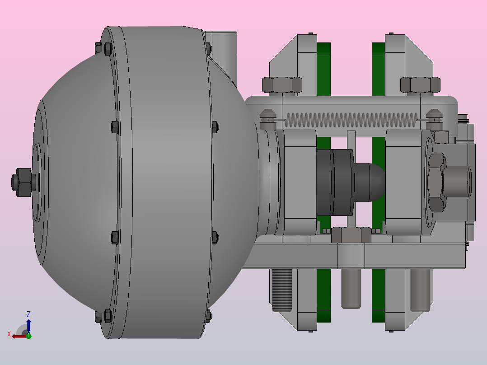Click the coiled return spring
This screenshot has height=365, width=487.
pyautogui.click(x=351, y=120)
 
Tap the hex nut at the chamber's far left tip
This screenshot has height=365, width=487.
pyautogui.click(x=23, y=182)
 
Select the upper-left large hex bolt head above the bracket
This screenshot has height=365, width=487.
pyautogui.click(x=282, y=85)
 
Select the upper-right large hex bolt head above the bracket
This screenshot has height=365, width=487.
pyautogui.click(x=420, y=85)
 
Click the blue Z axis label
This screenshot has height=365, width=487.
pyautogui.click(x=28, y=314)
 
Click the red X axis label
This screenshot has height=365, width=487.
pyautogui.click(x=9, y=334)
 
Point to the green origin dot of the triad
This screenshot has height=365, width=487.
pyautogui.click(x=28, y=336)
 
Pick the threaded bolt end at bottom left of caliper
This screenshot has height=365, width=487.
pyautogui.click(x=282, y=290)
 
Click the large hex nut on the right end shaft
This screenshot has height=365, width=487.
pyautogui.click(x=437, y=182)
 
